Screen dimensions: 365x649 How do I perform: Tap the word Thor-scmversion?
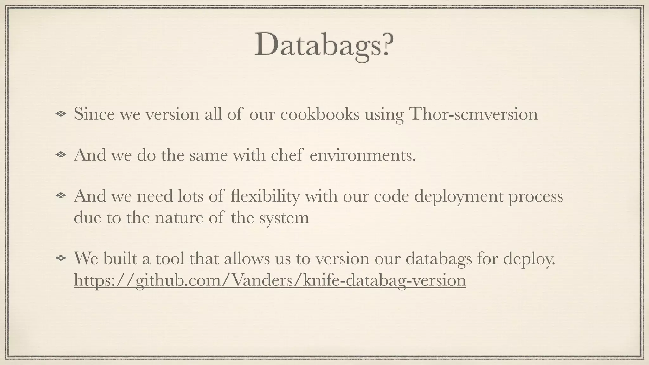473,114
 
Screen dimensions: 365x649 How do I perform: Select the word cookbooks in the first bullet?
320,114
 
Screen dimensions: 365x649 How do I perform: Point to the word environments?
362,155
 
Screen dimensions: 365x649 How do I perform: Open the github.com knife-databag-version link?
270,280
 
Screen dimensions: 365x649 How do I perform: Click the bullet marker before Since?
60,114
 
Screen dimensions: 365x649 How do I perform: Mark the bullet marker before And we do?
60,155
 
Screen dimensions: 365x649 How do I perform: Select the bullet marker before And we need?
60,196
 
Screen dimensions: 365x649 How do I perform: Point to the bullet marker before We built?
60,259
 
